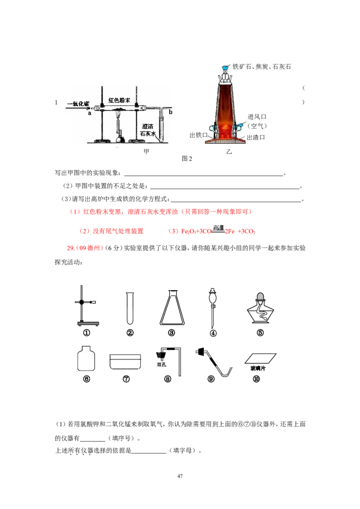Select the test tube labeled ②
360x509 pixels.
tap(130, 308)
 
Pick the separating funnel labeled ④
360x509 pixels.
tap(212, 308)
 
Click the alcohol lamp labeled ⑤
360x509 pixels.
tap(260, 308)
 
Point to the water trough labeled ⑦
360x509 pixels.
tap(126, 362)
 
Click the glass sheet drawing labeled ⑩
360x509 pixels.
tap(260, 358)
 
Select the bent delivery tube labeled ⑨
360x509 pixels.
tap(214, 362)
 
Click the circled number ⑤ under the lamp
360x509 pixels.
tap(260, 333)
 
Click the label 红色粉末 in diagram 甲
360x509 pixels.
tap(119, 100)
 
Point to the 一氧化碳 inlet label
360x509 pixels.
tap(78, 103)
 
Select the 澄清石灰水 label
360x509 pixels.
tap(148, 130)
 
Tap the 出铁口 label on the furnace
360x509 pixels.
tap(198, 135)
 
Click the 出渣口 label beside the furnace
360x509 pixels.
tap(256, 137)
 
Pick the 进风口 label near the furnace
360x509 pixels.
tap(256, 116)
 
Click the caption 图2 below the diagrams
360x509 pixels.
tap(187, 159)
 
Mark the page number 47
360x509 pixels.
tap(180, 476)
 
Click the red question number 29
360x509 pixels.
tap(71, 248)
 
